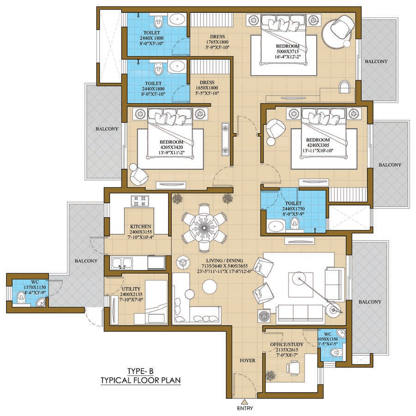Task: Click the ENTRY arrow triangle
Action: tap(245, 402)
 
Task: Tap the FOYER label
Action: tap(247, 361)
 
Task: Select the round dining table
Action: tap(204, 227)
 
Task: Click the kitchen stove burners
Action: tap(139, 201)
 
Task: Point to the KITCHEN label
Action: tap(141, 226)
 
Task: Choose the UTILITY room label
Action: tap(131, 289)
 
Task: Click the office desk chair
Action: tap(293, 367)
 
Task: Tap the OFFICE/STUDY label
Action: tap(287, 344)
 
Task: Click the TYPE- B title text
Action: tap(140, 371)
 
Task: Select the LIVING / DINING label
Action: tap(224, 260)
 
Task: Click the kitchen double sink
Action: tap(122, 263)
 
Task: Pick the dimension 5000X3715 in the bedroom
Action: tap(288, 51)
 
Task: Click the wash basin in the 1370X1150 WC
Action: tap(41, 302)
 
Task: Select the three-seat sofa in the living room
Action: tap(300, 314)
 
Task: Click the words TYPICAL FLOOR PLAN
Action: tap(141, 380)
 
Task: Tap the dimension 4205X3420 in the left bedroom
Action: tap(171, 147)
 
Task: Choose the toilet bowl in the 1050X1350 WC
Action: tap(336, 352)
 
